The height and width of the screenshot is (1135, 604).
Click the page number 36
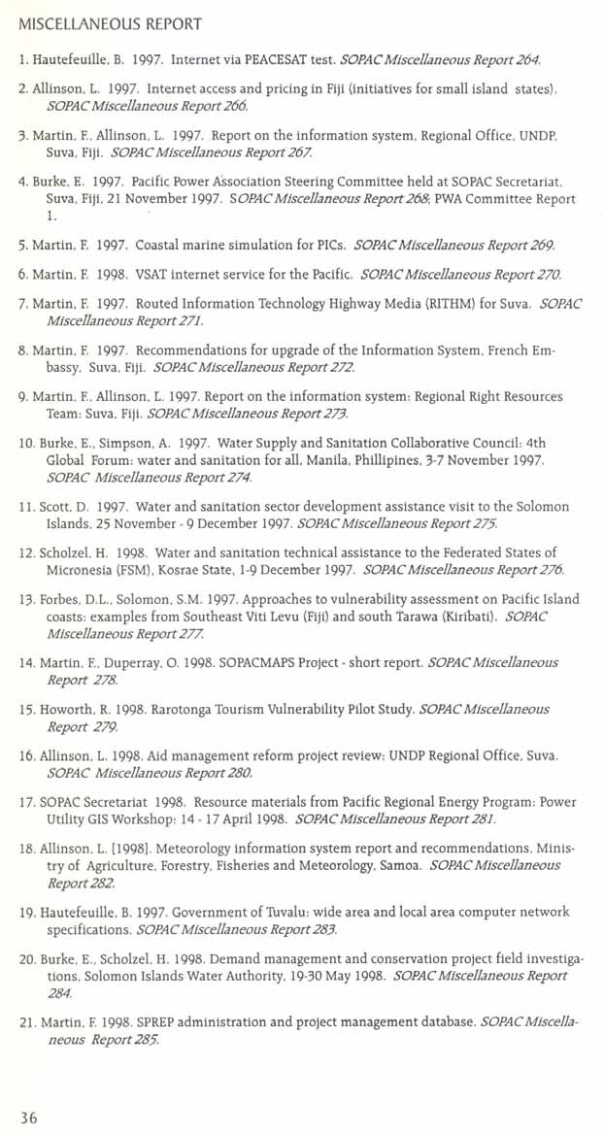(29, 1118)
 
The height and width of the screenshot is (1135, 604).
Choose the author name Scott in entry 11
(57, 507)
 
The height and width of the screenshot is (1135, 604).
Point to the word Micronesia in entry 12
(80, 569)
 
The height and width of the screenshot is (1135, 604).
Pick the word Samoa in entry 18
(389, 865)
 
